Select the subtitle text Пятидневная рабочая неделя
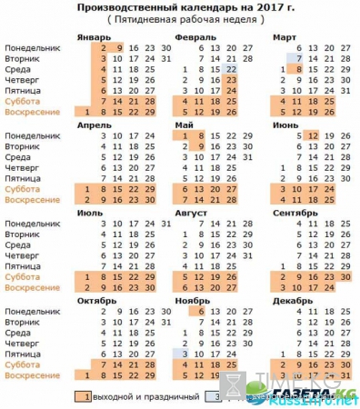coord(179,19)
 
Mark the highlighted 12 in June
coord(313,135)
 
